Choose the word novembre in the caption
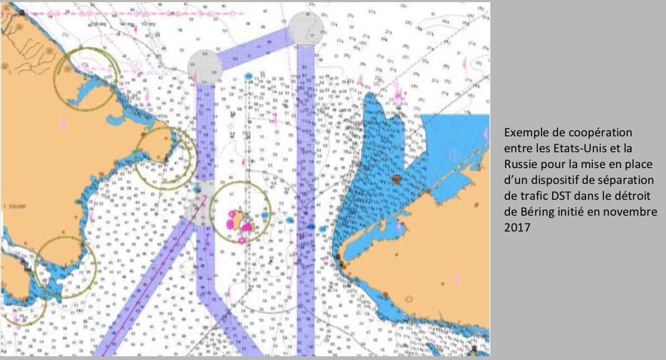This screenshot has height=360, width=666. click(634, 211)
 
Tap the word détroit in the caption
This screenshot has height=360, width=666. click(634, 196)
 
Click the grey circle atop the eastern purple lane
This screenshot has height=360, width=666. click(305, 28)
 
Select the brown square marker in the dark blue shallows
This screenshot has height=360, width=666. click(396, 179)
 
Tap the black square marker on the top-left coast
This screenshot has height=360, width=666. click(21, 12)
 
